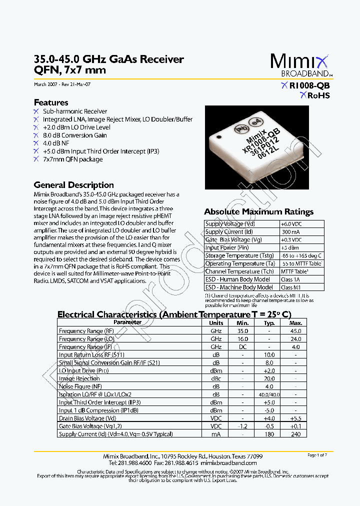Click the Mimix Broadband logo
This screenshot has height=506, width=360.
(299, 65)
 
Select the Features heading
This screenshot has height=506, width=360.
(51, 102)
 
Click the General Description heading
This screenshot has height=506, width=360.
(73, 185)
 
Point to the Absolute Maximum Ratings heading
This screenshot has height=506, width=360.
(258, 212)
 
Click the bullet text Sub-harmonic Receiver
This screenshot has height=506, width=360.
(75, 111)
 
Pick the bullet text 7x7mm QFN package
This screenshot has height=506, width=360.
(72, 159)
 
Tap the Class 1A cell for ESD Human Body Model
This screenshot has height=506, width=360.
(291, 279)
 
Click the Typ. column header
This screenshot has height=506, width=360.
(269, 323)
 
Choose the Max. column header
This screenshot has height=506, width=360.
(295, 323)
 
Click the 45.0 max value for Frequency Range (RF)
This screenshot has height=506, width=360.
(295, 331)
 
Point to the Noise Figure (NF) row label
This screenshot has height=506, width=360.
(80, 386)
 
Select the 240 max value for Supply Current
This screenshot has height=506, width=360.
(295, 434)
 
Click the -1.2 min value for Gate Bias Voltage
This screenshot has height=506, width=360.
(242, 426)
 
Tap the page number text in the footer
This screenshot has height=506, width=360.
(317, 455)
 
